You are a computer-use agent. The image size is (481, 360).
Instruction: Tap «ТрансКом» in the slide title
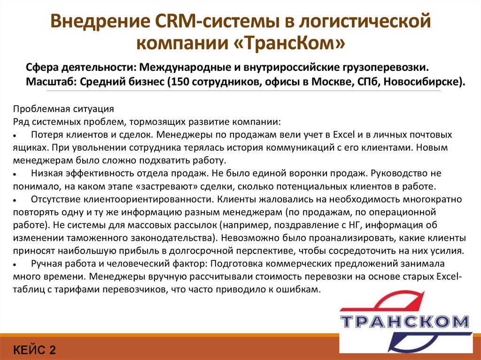(289, 44)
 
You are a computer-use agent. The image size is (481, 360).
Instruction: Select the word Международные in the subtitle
(181, 66)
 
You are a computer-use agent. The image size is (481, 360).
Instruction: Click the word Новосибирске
(425, 81)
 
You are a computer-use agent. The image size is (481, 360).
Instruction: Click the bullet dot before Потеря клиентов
(16, 135)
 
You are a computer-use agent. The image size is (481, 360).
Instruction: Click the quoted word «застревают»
(158, 185)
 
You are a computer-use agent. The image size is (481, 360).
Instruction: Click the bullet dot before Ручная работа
(16, 263)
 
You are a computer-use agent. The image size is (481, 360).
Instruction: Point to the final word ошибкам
(301, 289)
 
